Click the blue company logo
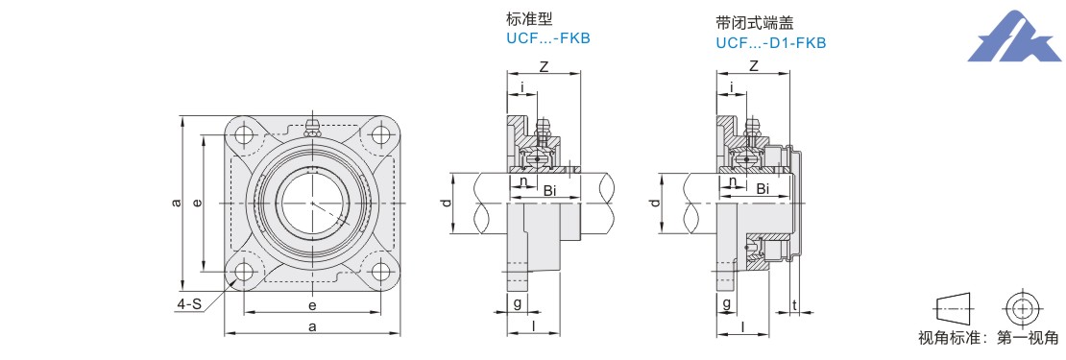pyautogui.click(x=1012, y=37)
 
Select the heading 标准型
pyautogui.click(x=525, y=18)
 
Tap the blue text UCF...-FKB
pyautogui.click(x=548, y=38)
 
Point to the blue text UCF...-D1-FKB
pyautogui.click(x=771, y=43)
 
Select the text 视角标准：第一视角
pyautogui.click(x=988, y=338)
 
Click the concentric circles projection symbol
pyautogui.click(x=1021, y=308)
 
